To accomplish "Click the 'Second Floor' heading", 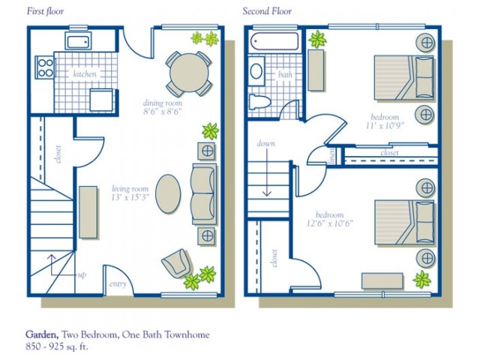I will click(266, 12).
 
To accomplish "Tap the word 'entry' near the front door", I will click(118, 284).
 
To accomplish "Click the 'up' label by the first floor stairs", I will click(81, 274).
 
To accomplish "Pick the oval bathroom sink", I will click(256, 72).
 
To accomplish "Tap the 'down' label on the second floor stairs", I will click(266, 143).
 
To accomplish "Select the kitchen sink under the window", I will click(78, 42).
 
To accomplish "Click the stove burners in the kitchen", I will click(43, 68).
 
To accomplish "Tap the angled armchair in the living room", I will click(177, 262).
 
